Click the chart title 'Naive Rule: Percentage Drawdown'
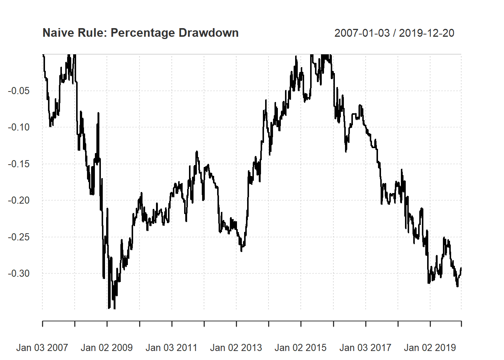click(x=141, y=33)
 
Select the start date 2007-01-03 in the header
click(x=362, y=33)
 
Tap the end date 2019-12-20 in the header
click(x=426, y=33)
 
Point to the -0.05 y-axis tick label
click(x=19, y=91)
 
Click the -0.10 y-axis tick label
click(x=19, y=127)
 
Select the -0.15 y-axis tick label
click(x=19, y=164)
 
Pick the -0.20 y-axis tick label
click(x=19, y=200)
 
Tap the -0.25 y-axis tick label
click(x=19, y=237)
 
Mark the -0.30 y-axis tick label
click(x=19, y=273)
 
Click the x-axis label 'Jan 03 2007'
click(x=42, y=348)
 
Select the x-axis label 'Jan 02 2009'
click(x=107, y=348)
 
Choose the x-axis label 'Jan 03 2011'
click(x=171, y=348)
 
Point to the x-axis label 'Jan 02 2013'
click(x=236, y=348)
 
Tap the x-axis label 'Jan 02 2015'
click(x=301, y=348)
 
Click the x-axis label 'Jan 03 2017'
click(x=365, y=348)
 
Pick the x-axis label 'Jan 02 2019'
click(x=430, y=348)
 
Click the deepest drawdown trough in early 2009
click(x=114, y=309)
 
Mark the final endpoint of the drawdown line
click(x=461, y=268)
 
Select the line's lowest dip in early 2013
click(x=241, y=251)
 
